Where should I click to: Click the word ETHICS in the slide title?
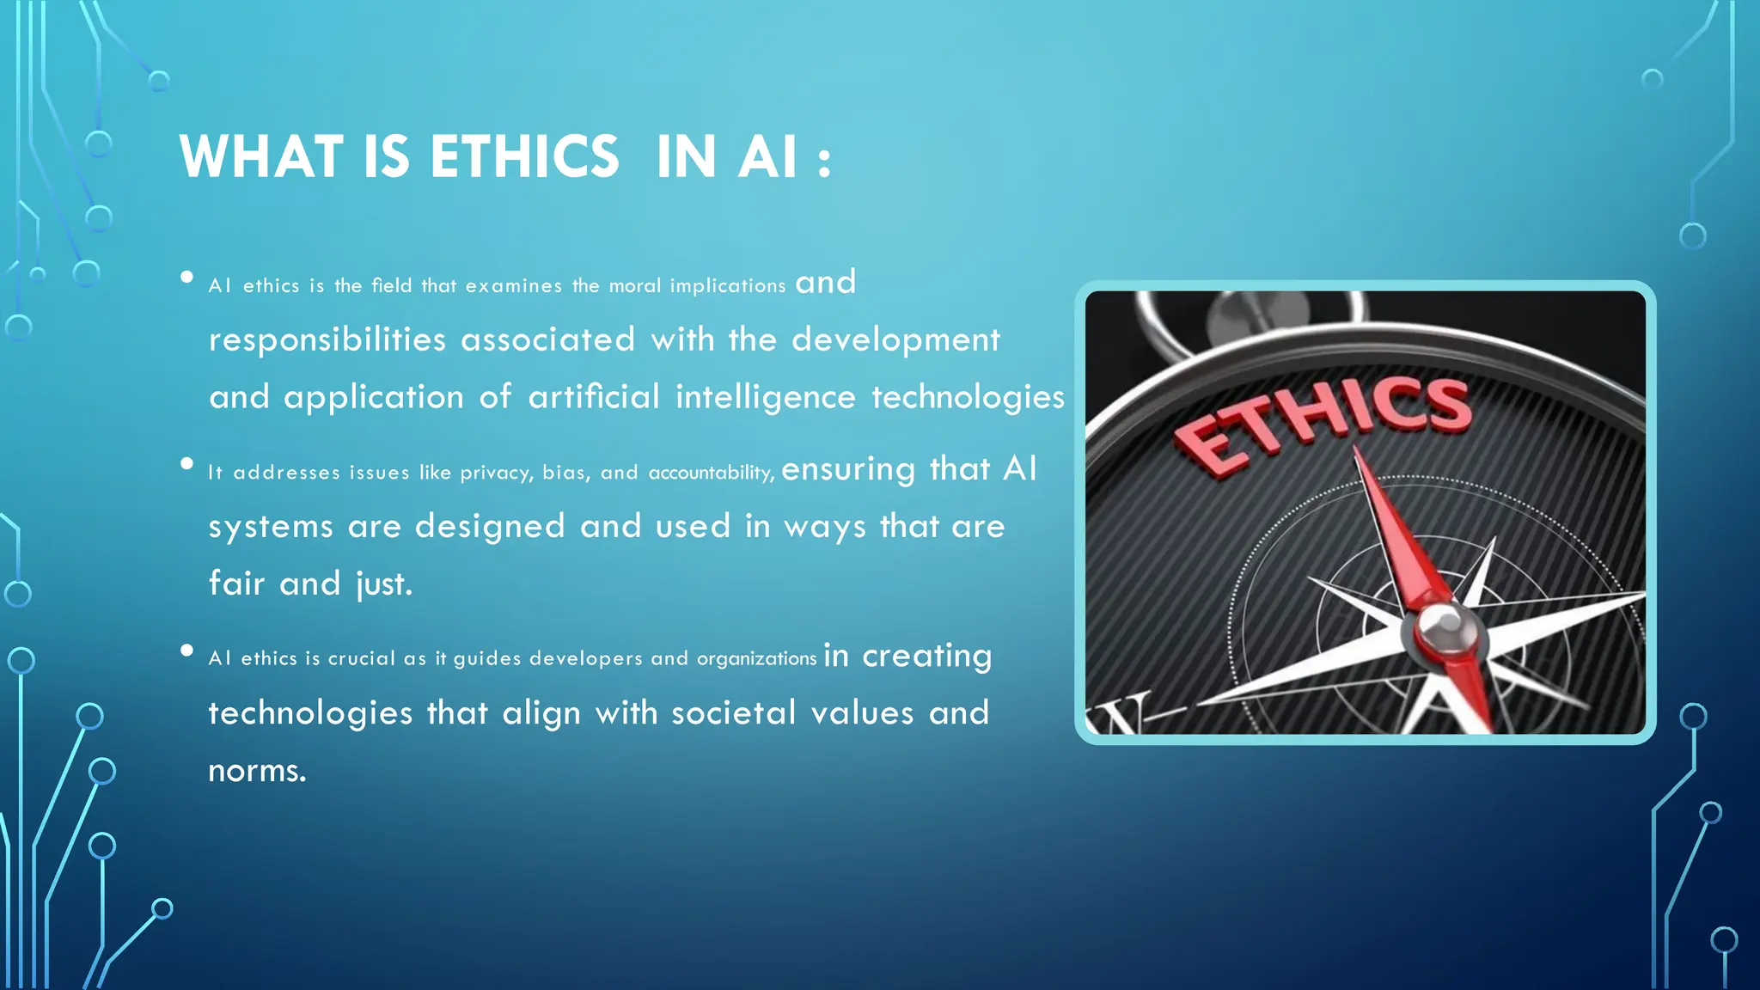(524, 157)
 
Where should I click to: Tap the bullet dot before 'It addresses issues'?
(186, 464)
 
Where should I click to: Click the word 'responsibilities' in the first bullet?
(327, 340)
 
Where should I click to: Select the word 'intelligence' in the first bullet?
(766, 397)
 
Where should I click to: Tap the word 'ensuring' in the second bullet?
(848, 469)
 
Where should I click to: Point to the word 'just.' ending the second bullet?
(385, 584)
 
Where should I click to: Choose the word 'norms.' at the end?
(257, 771)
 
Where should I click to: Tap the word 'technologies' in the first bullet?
(968, 397)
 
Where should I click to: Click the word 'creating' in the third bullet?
(927, 657)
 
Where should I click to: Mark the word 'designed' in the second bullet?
(490, 527)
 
